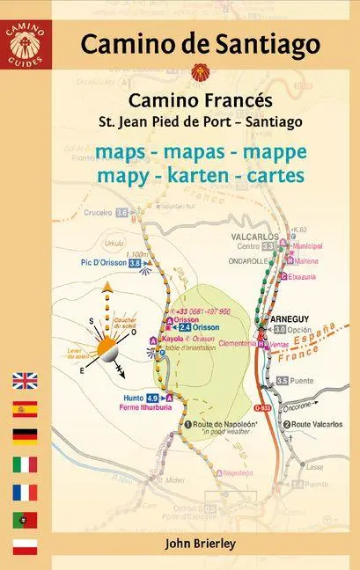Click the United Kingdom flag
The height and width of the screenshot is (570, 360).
point(25,382)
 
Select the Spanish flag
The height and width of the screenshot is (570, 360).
point(25,409)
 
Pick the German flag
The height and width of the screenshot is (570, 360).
point(25,436)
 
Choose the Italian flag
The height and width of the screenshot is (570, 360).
point(25,464)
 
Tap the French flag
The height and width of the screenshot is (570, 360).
point(25,492)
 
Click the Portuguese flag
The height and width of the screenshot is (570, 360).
point(25,519)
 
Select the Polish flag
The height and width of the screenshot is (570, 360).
point(25,546)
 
